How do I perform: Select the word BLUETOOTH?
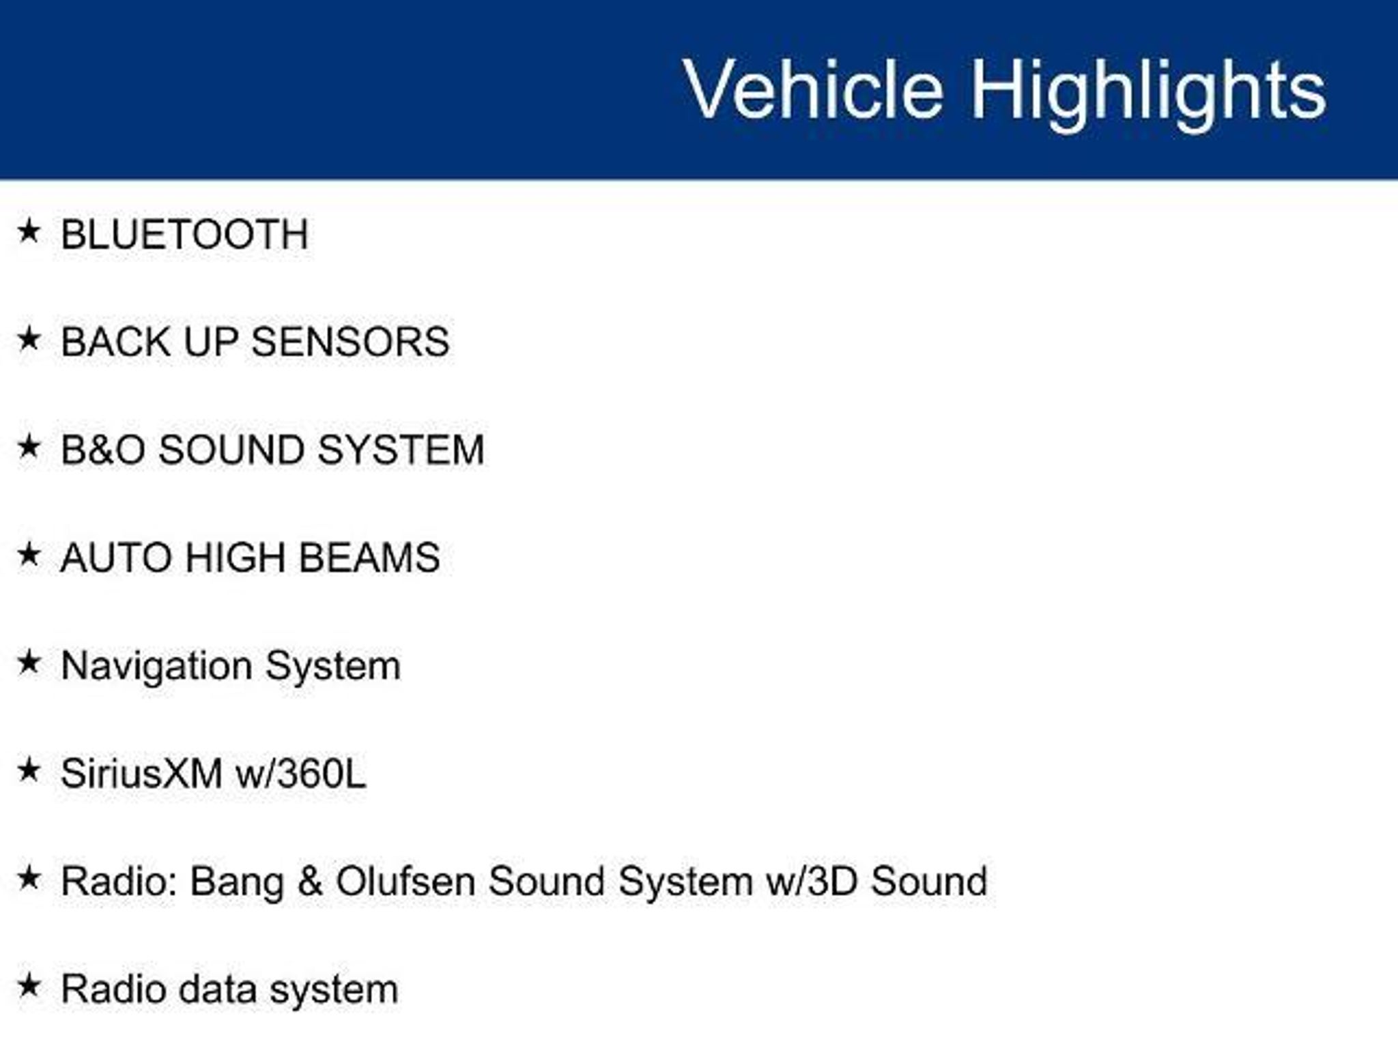point(184,234)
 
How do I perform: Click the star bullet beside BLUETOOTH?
point(29,231)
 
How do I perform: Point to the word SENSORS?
point(350,341)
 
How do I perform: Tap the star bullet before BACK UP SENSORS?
point(29,338)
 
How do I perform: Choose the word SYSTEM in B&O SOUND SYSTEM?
point(401,450)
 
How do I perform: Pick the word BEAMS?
point(369,557)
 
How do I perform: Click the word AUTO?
point(116,557)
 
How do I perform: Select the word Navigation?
point(156,667)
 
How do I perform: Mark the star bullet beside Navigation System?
point(29,662)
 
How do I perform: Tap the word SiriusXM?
point(141,774)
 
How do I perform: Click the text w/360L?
point(300,774)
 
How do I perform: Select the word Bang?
point(237,882)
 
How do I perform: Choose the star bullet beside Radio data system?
point(29,985)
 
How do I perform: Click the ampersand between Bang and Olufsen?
point(309,881)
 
